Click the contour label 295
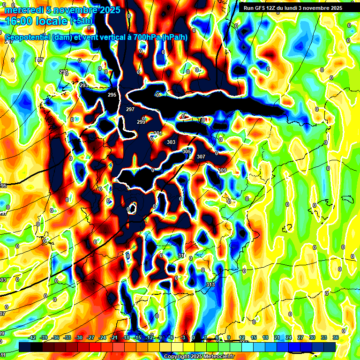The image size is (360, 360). coord(112,95)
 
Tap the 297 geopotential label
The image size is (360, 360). coord(130,109)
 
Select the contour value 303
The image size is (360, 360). coord(171,142)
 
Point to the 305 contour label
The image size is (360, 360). coord(187,151)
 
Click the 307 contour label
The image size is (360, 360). coord(201,157)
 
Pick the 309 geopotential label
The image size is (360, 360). coord(222,170)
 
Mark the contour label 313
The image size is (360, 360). coord(210,285)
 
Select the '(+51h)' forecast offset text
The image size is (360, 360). coord(81,21)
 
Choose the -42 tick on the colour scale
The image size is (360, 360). coord(32,337)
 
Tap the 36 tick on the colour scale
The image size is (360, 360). coord(335,337)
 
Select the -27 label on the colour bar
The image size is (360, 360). coord(90,337)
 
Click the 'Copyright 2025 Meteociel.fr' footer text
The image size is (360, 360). coord(199,356)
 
